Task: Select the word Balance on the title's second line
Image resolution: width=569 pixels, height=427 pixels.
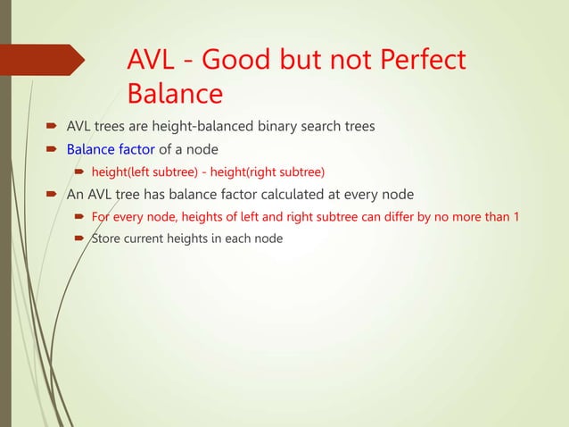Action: coord(175,93)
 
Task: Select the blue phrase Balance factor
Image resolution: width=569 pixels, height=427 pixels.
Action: coord(111,148)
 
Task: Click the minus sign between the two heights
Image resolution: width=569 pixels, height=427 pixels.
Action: coord(216,172)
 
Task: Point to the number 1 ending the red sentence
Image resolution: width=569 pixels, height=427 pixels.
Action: coord(516,216)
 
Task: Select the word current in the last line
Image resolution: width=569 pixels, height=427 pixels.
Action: coord(153,239)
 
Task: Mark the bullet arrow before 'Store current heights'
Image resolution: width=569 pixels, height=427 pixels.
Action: coord(79,239)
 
